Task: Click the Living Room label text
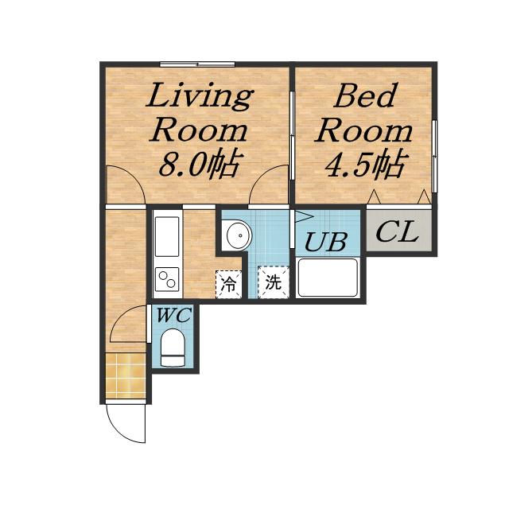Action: pyautogui.click(x=200, y=112)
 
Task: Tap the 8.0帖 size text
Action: pyautogui.click(x=201, y=165)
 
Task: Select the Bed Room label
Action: pyautogui.click(x=363, y=112)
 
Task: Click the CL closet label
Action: pyautogui.click(x=396, y=231)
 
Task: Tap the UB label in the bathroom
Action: pyautogui.click(x=326, y=242)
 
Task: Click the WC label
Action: pyautogui.click(x=173, y=315)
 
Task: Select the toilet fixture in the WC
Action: pyautogui.click(x=173, y=348)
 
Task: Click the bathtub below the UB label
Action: pyautogui.click(x=328, y=278)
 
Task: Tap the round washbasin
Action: pyautogui.click(x=239, y=235)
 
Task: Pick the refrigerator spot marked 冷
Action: pyautogui.click(x=229, y=285)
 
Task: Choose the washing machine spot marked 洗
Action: pyautogui.click(x=273, y=282)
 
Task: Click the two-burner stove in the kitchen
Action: pyautogui.click(x=167, y=279)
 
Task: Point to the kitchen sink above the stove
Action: pyautogui.click(x=167, y=236)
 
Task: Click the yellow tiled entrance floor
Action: pyautogui.click(x=126, y=375)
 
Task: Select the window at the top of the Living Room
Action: pyautogui.click(x=197, y=64)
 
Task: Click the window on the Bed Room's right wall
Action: pyautogui.click(x=435, y=156)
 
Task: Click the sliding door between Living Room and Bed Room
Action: pyautogui.click(x=292, y=135)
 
